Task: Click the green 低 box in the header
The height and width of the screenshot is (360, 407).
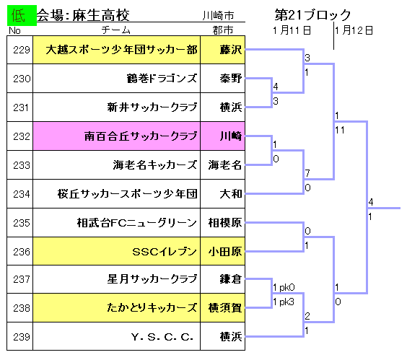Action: [x=22, y=15]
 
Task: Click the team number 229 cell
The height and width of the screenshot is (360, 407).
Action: [x=20, y=50]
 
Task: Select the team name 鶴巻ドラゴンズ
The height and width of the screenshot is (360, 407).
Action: [x=162, y=78]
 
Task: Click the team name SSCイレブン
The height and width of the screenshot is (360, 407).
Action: [x=165, y=251]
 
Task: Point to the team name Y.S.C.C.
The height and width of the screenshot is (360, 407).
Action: [x=162, y=337]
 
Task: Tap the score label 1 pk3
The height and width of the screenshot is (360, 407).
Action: [x=284, y=302]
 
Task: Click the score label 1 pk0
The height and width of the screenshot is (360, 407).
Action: [x=284, y=287]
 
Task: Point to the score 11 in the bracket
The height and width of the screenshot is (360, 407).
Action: [x=340, y=130]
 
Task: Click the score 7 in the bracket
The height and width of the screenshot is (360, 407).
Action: [x=307, y=173]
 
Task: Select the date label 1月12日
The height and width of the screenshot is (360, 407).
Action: [x=354, y=30]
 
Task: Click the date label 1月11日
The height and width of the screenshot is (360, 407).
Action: [x=292, y=30]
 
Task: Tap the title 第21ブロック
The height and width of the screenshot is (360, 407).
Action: [x=312, y=15]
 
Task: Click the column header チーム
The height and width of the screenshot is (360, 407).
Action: [x=115, y=30]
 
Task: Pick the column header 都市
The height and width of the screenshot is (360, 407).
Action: [x=223, y=30]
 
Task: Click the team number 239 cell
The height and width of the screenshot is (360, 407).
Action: [x=20, y=337]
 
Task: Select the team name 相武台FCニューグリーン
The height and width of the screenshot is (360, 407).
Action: [x=137, y=223]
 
